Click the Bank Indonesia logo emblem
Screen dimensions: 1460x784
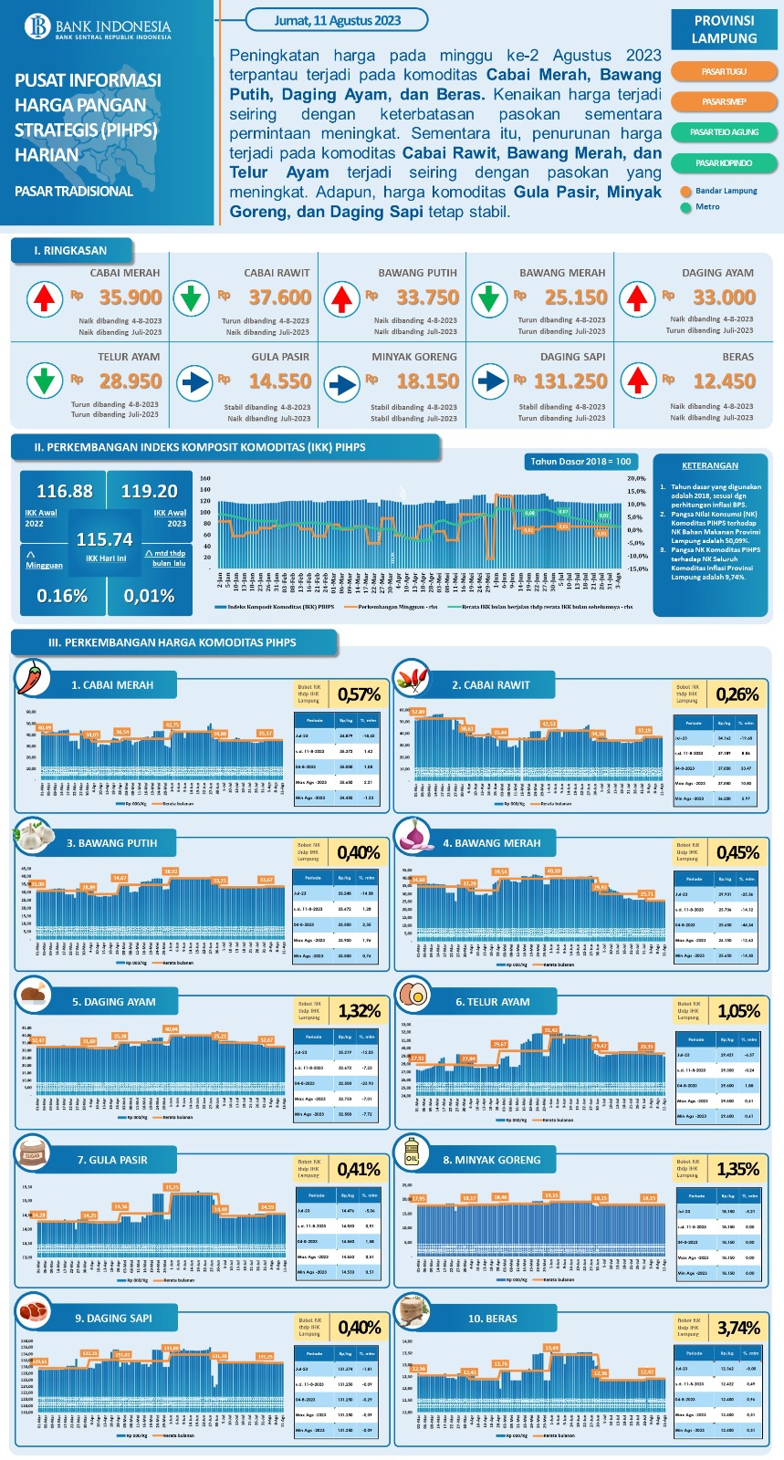point(39,26)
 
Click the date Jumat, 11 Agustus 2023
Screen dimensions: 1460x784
point(338,20)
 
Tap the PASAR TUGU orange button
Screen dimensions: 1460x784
point(724,71)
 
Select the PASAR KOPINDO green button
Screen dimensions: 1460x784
point(724,162)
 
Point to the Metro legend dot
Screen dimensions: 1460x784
point(686,207)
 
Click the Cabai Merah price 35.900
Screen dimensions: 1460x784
point(130,297)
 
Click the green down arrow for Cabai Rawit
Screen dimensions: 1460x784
point(191,298)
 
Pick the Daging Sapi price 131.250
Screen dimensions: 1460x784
point(570,381)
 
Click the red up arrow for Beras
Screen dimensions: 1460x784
point(638,381)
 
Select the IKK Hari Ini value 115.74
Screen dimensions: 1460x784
point(104,539)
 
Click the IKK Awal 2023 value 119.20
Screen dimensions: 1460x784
point(149,491)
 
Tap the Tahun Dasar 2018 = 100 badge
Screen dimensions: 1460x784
point(581,462)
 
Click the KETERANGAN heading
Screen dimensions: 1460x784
point(709,465)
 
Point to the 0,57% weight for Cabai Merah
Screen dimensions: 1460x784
point(359,694)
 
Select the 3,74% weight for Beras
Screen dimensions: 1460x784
point(737,1328)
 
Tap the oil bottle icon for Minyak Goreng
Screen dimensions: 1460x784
point(412,1153)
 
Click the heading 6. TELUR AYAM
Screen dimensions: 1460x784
point(492,1002)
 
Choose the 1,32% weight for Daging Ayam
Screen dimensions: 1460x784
point(359,1011)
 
